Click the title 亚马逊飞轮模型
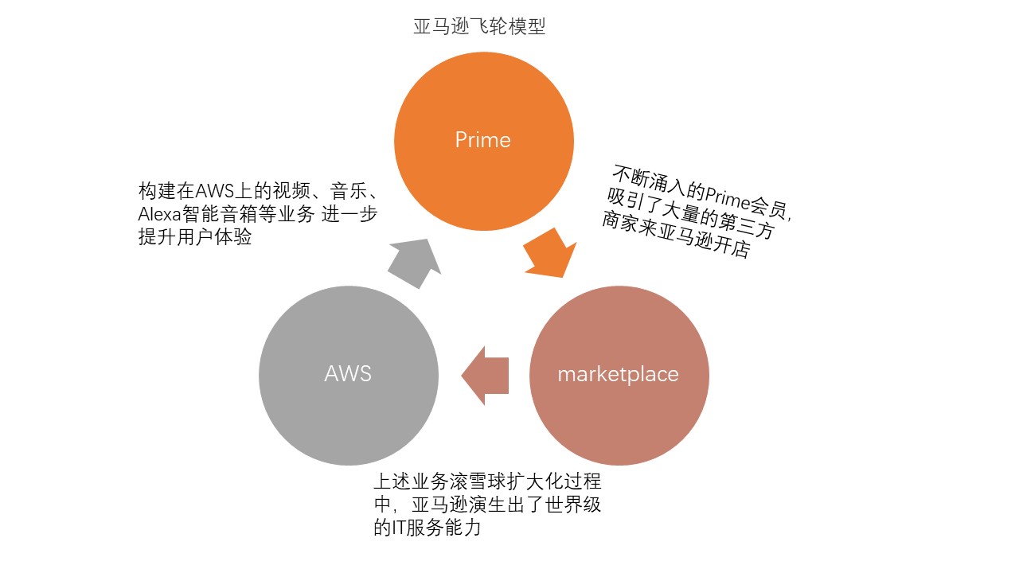pos(479,26)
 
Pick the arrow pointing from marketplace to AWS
pos(485,375)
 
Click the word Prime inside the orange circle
pos(482,141)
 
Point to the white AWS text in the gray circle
pos(348,374)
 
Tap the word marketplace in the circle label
pos(618,374)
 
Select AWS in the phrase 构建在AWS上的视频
pos(213,192)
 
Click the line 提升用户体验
pos(195,237)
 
